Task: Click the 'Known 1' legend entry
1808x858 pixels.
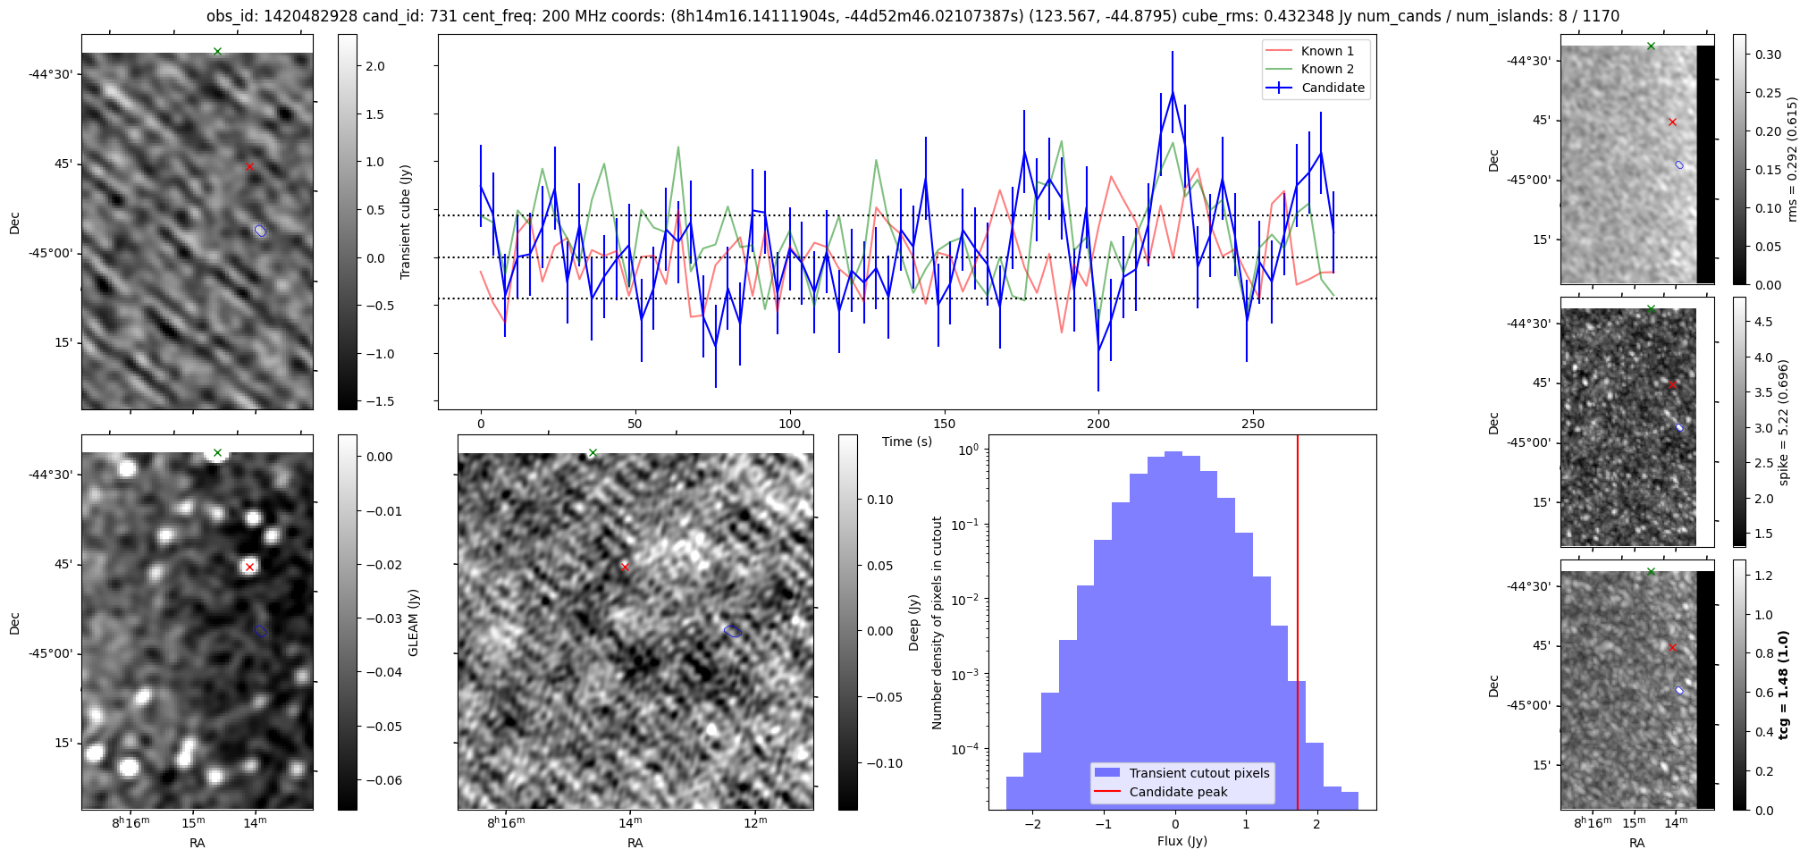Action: point(1326,51)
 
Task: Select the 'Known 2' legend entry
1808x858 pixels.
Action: point(1326,69)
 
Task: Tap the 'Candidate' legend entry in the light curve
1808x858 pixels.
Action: point(1332,88)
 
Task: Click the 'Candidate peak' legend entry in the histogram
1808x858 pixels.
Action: point(1177,792)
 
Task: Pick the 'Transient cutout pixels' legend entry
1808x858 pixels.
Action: point(1198,773)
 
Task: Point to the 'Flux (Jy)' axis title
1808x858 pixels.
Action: point(1182,841)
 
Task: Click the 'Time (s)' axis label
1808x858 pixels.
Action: point(906,442)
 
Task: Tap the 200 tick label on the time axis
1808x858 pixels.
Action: point(1097,424)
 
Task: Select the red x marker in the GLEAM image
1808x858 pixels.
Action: point(249,567)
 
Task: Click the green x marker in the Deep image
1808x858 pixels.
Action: point(593,453)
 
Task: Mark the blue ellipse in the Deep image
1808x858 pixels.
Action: point(732,631)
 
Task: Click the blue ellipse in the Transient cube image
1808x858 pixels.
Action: point(260,231)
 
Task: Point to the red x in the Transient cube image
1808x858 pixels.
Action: point(249,166)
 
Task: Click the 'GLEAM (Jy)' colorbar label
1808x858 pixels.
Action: point(413,622)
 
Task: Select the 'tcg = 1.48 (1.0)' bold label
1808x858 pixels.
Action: point(1783,685)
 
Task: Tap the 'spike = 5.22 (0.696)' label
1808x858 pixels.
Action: point(1783,422)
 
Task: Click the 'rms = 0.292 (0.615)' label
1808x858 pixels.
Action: point(1791,159)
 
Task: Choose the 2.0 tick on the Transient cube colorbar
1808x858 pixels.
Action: point(374,66)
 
